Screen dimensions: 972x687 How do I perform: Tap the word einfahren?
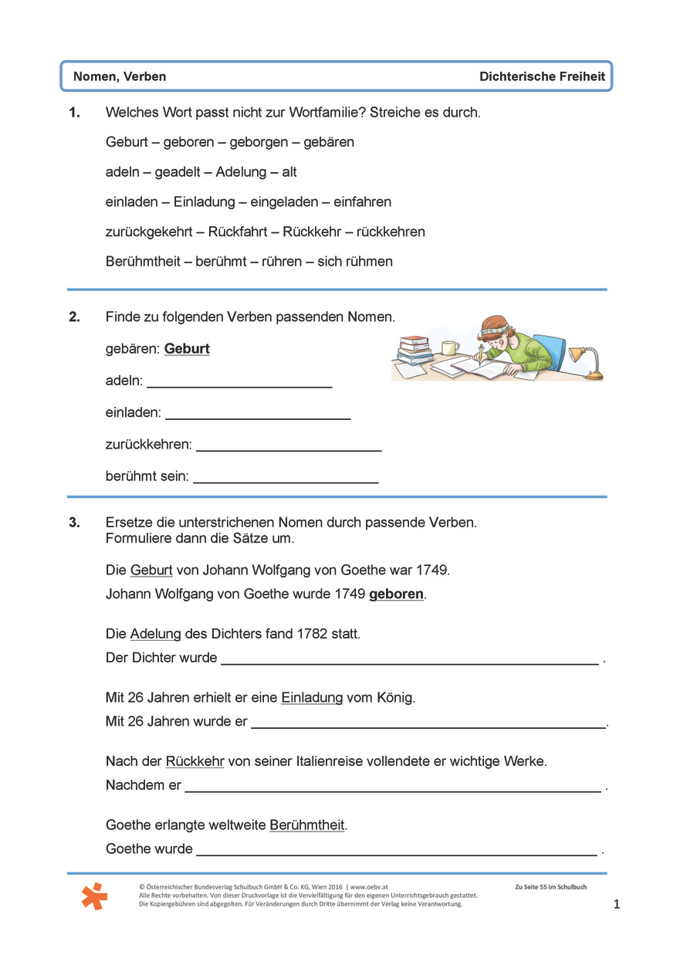(362, 202)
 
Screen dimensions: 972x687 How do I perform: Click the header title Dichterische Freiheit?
(542, 76)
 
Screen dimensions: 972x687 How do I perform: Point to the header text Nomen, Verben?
(120, 76)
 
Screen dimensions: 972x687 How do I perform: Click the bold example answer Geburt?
(187, 349)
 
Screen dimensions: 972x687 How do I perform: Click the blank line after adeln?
(239, 384)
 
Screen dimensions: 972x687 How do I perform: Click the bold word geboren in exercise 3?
(397, 594)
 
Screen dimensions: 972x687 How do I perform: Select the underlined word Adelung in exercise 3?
(155, 634)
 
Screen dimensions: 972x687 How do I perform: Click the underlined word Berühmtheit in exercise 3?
(306, 825)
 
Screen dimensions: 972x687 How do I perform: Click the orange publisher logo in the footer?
(94, 896)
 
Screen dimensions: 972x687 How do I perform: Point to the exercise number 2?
(74, 317)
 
